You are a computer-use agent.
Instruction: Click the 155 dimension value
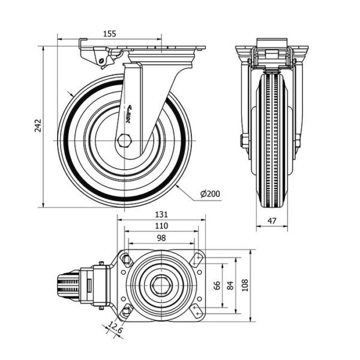(110, 34)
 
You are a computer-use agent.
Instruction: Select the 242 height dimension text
(38, 125)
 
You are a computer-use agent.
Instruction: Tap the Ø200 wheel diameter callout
(210, 194)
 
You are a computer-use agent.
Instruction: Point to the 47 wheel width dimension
(272, 221)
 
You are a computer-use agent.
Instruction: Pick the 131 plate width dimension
(161, 214)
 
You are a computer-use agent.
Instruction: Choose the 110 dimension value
(161, 226)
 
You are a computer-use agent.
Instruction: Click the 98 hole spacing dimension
(161, 238)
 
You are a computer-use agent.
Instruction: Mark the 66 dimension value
(217, 285)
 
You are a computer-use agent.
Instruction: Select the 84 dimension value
(230, 286)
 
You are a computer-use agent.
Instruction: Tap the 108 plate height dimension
(245, 286)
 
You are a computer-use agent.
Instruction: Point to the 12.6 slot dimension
(115, 328)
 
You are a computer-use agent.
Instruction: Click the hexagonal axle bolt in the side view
(124, 140)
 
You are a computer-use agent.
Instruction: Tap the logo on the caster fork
(129, 114)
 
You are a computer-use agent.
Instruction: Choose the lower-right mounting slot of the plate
(197, 311)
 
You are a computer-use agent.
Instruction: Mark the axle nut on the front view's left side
(244, 140)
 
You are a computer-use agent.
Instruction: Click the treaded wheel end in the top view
(68, 284)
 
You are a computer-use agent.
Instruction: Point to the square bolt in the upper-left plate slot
(125, 260)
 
